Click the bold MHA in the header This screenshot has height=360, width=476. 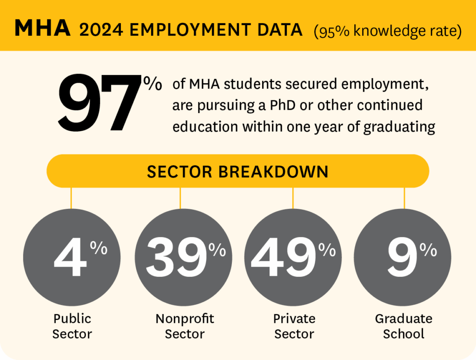pyautogui.click(x=43, y=29)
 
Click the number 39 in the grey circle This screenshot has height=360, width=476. pyautogui.click(x=176, y=259)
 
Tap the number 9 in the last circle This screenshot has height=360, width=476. pyautogui.click(x=402, y=259)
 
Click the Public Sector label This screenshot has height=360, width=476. pyautogui.click(x=72, y=326)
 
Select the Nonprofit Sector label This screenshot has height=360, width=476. pyautogui.click(x=185, y=326)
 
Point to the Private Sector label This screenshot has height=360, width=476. pyautogui.click(x=294, y=326)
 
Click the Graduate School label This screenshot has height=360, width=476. pyautogui.click(x=403, y=326)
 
